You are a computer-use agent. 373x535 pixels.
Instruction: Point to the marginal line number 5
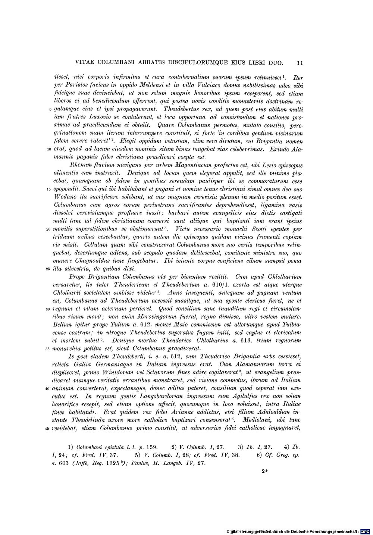pos(50,110)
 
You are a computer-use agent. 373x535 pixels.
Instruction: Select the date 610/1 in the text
pos(216,285)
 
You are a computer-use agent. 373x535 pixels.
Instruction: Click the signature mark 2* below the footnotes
pos(264,472)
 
